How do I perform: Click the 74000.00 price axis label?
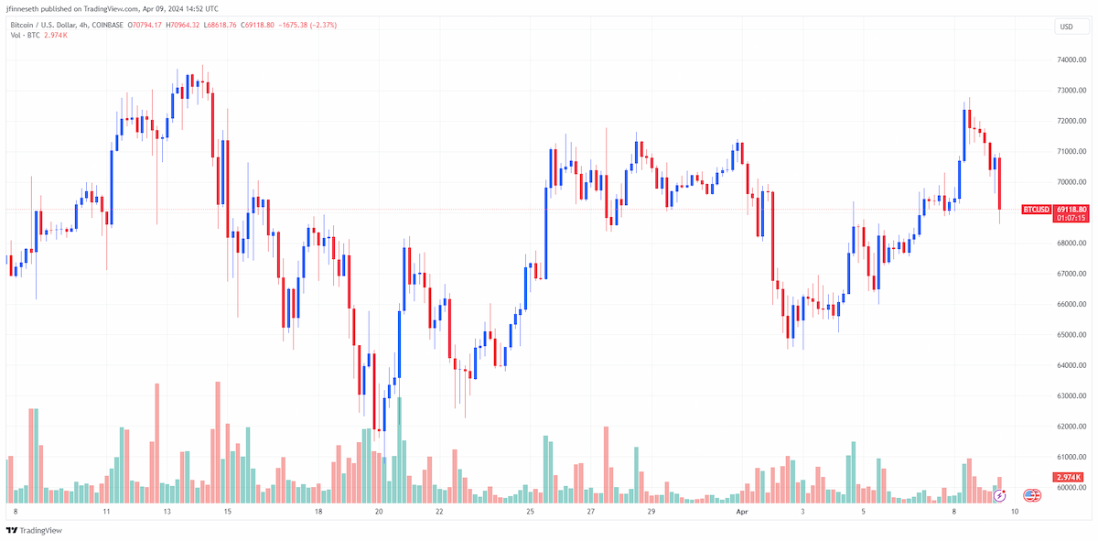coord(1071,60)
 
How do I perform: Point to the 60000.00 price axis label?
coord(1071,488)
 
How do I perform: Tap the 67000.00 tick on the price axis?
coord(1071,274)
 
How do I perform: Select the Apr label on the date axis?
coord(742,512)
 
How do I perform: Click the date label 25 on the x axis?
coord(531,512)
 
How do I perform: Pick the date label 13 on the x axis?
coord(167,512)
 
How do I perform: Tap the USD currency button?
coord(1067,27)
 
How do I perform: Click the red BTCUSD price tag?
coord(1036,210)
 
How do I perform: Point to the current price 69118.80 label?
coord(1071,210)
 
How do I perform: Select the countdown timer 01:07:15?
coord(1071,218)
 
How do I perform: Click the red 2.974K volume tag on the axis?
coord(1069,477)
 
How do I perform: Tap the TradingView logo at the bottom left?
coord(34,530)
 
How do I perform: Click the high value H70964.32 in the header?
coord(183,25)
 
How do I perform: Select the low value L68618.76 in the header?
coord(221,25)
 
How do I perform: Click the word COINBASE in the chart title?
coord(108,25)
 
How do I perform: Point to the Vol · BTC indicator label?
coord(25,36)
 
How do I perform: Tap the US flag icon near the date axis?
coord(1032,495)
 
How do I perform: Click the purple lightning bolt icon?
coord(999,496)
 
